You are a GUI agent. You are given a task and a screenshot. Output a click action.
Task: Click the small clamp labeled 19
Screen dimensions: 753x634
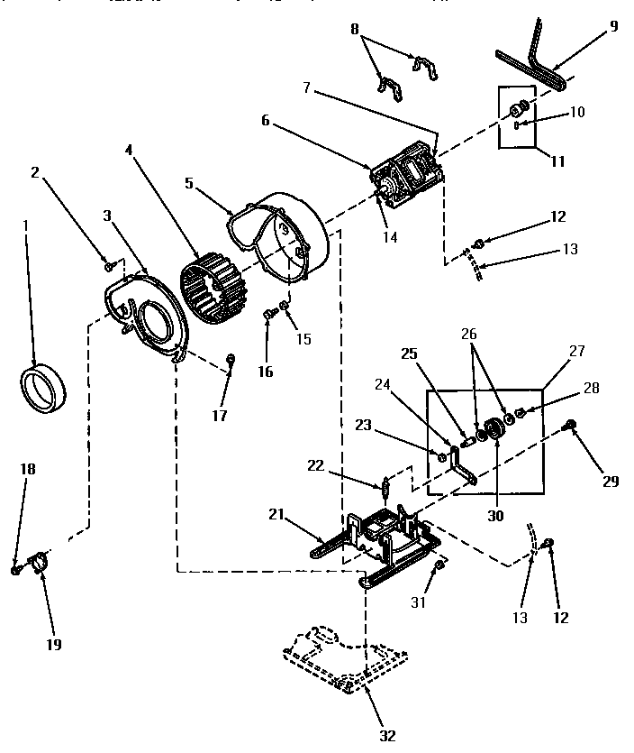click(x=40, y=565)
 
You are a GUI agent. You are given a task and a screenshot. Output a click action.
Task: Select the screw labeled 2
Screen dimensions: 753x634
click(x=110, y=265)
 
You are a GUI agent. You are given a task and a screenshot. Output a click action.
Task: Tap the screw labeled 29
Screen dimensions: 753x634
click(x=570, y=423)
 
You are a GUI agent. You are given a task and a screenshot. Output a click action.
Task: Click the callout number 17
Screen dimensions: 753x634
click(x=220, y=416)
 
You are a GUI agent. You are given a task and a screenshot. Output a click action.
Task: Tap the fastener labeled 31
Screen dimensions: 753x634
click(x=439, y=565)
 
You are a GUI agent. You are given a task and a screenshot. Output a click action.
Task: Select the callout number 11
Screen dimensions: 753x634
click(x=557, y=162)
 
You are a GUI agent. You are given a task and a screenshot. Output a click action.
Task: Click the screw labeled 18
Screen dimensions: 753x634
click(x=16, y=570)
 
